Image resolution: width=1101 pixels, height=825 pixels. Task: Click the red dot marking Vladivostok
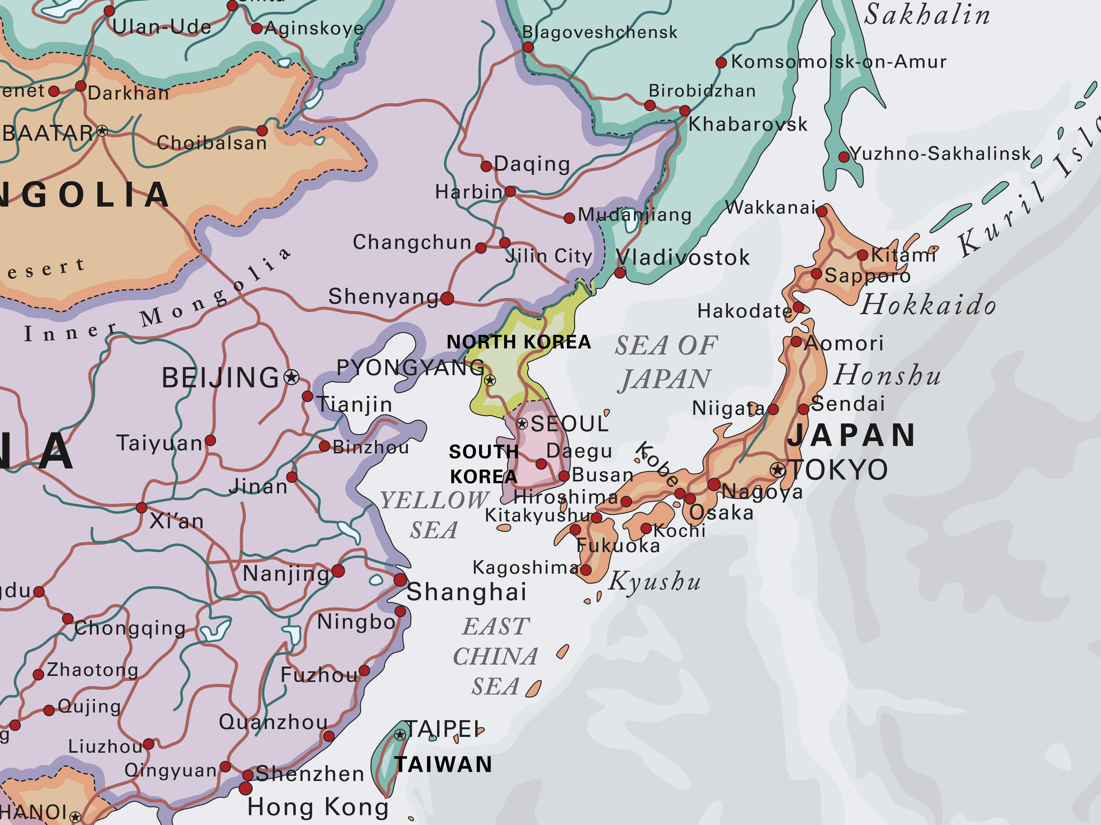click(x=620, y=273)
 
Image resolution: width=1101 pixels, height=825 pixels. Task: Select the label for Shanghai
click(x=466, y=592)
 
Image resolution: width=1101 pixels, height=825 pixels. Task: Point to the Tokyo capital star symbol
click(x=777, y=469)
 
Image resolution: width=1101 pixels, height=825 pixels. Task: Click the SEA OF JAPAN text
click(x=666, y=362)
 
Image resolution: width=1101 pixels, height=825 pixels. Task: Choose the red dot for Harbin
click(x=510, y=191)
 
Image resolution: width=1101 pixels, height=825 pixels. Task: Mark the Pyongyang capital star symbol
click(x=490, y=381)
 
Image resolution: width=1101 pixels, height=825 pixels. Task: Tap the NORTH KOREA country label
click(x=519, y=342)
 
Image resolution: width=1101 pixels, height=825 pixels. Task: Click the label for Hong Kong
click(x=317, y=807)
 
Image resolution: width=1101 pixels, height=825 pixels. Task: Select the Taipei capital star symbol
click(x=400, y=734)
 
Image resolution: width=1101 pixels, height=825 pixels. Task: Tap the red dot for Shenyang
click(x=447, y=299)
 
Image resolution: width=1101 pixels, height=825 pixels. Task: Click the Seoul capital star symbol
click(x=522, y=424)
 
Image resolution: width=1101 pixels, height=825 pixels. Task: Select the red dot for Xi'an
click(x=141, y=508)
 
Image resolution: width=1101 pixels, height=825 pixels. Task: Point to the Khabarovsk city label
click(x=748, y=124)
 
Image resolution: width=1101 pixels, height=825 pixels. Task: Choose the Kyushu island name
click(x=654, y=581)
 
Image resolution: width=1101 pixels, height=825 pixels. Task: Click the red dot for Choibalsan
click(x=262, y=131)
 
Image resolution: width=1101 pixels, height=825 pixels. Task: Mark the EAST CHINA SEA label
click(x=495, y=656)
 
